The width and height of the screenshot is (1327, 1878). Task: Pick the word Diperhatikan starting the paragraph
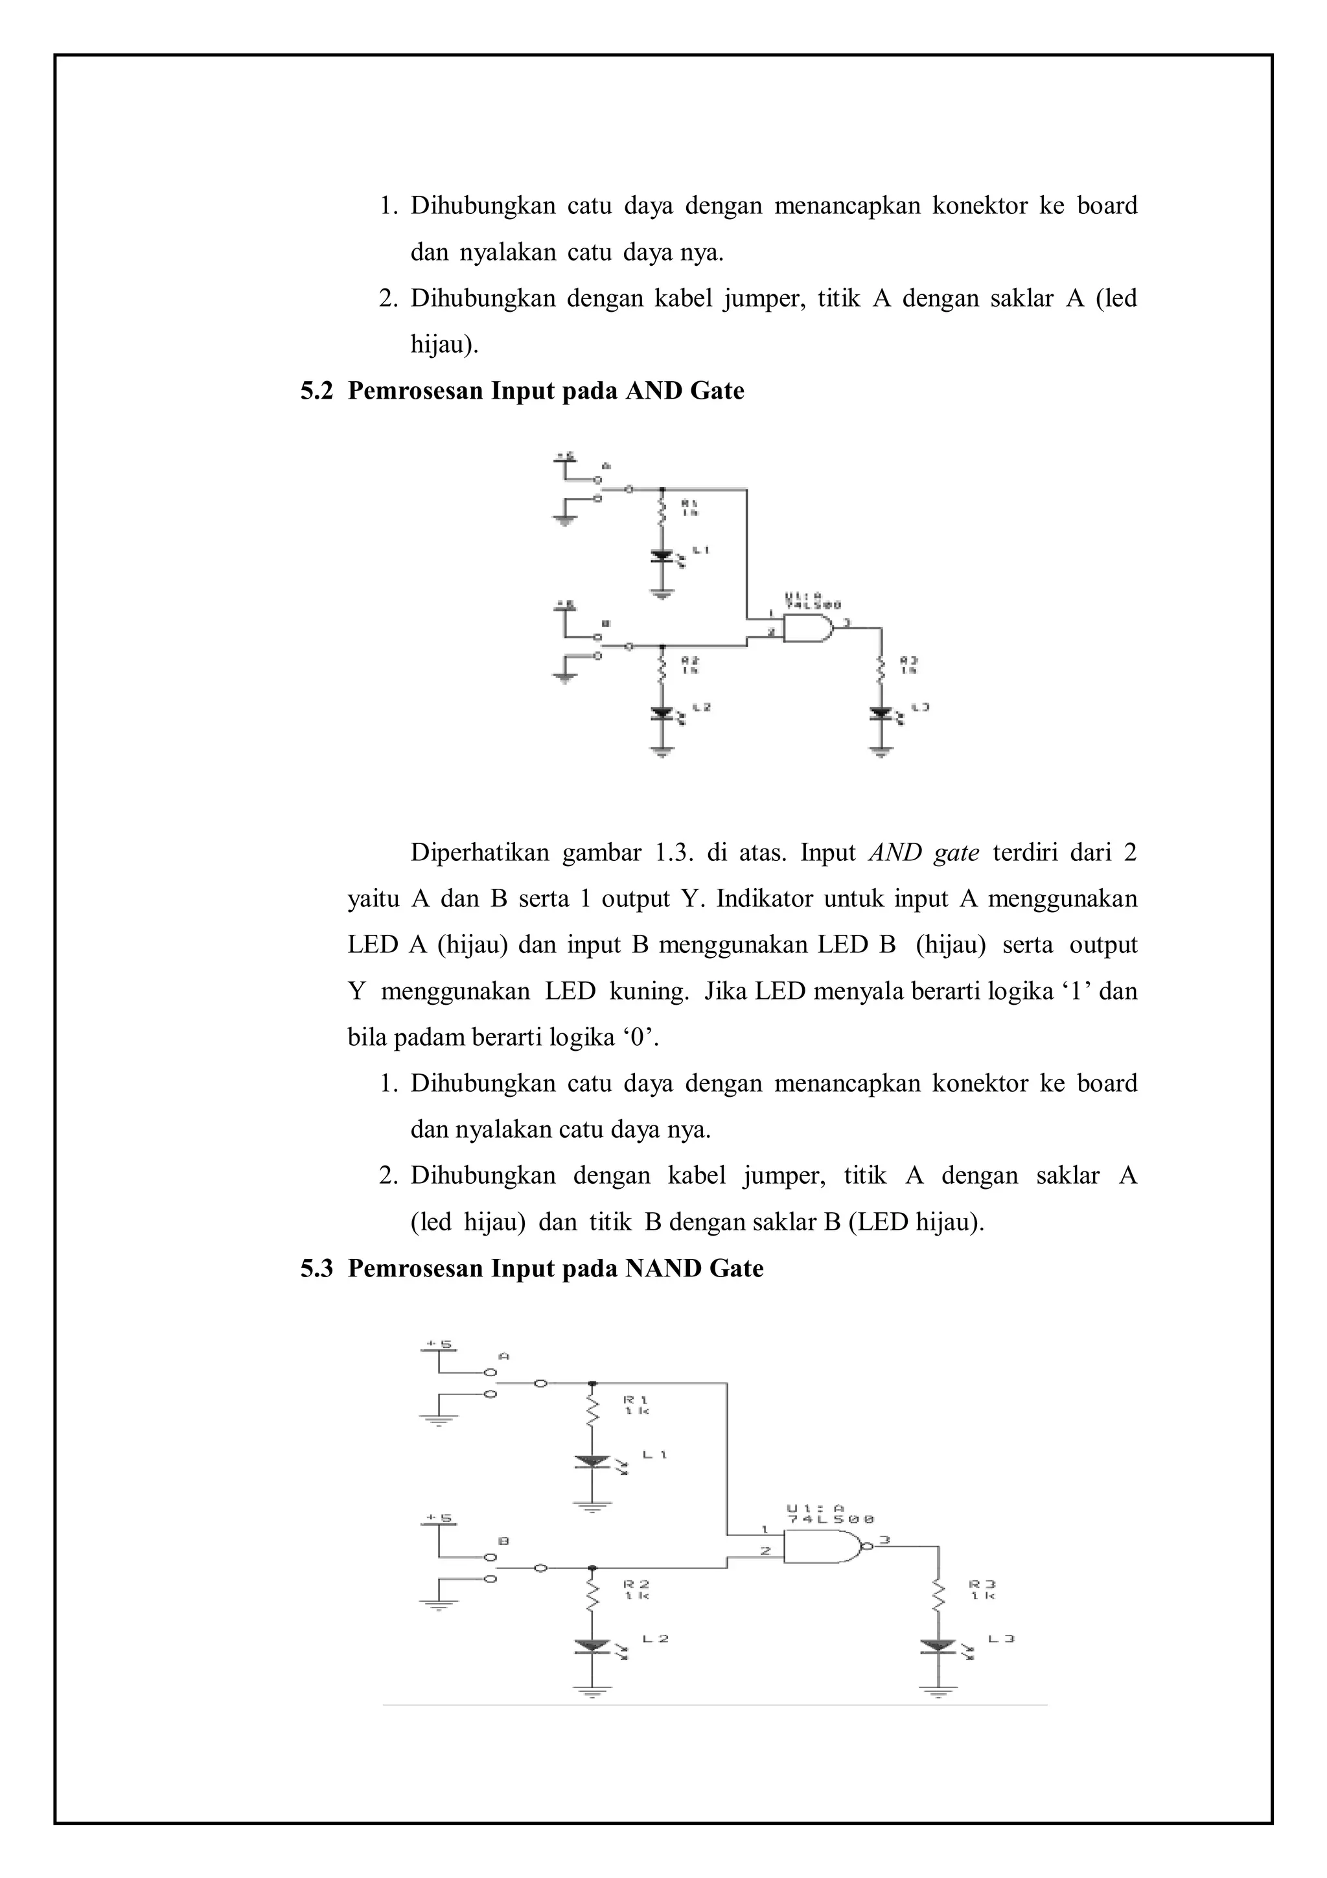[479, 853]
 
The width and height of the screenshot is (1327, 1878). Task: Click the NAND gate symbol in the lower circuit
[822, 1547]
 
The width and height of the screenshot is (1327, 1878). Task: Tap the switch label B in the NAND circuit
[503, 1541]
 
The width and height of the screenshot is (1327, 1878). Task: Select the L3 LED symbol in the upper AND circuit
[881, 713]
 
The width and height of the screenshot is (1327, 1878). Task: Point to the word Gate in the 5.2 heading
[717, 391]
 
